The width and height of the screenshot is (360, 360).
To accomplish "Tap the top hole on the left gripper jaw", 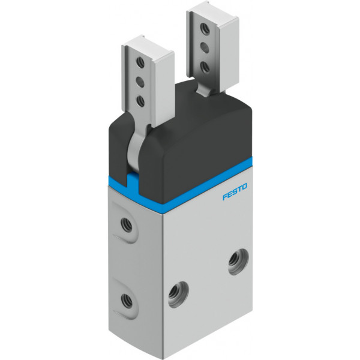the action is (x=140, y=62).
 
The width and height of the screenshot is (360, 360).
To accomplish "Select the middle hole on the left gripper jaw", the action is (x=140, y=82).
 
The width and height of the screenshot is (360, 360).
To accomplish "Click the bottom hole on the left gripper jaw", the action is (x=140, y=101).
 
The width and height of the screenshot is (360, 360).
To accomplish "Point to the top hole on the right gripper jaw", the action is (x=205, y=28).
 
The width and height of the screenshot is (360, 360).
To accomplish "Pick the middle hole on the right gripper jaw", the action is (x=205, y=47).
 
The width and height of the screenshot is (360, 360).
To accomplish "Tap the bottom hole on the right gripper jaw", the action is (x=205, y=67).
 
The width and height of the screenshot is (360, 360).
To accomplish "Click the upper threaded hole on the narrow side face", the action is (x=127, y=225).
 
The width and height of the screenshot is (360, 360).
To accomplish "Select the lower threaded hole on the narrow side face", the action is (x=127, y=301).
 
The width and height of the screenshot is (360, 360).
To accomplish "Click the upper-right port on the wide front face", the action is (x=239, y=262).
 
